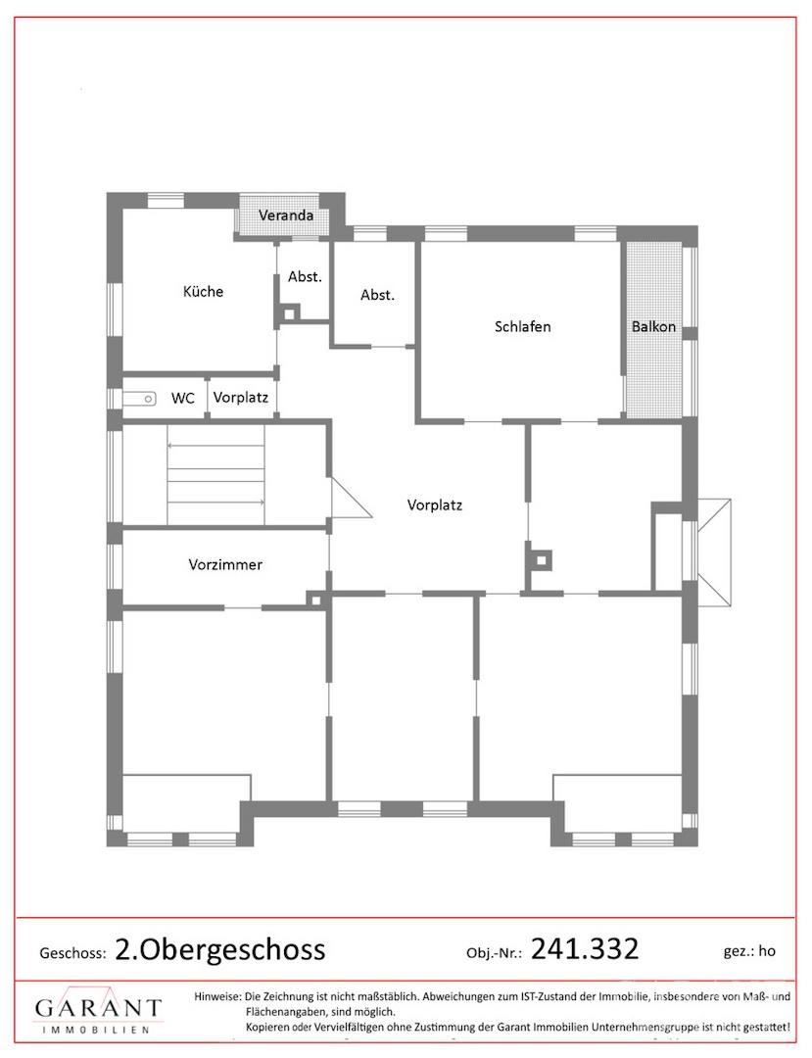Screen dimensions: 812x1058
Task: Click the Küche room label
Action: [203, 292]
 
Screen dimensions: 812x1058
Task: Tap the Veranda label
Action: [286, 216]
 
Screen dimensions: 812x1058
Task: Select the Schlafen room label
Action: [523, 326]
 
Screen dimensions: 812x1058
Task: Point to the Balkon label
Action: [653, 326]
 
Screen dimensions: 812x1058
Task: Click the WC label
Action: [183, 398]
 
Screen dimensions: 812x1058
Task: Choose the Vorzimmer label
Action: [225, 565]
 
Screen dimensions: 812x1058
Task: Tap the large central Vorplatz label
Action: [435, 505]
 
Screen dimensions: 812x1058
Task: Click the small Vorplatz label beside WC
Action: [241, 398]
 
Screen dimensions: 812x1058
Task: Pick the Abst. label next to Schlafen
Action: [378, 295]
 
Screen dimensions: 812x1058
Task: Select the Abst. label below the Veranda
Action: [305, 276]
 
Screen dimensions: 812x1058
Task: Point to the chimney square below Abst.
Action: [289, 313]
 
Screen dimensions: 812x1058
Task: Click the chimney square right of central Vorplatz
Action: [541, 560]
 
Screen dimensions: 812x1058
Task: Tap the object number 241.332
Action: [585, 949]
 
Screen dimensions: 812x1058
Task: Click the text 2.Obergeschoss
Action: [220, 950]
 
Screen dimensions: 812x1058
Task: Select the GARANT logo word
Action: [99, 1008]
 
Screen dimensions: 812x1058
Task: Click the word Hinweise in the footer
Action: [216, 996]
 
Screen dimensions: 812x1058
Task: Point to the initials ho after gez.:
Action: [767, 951]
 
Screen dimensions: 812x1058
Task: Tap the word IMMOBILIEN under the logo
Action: [95, 1030]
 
